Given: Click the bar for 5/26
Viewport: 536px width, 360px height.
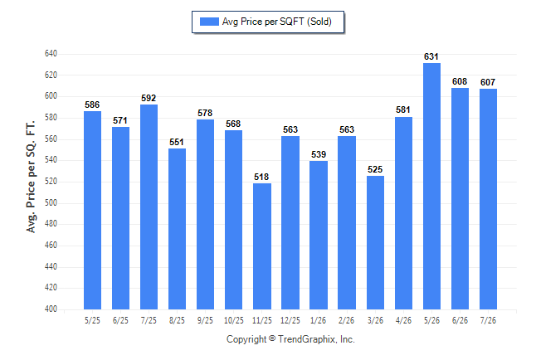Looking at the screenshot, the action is (x=431, y=186).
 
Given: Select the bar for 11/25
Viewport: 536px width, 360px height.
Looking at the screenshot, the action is (x=262, y=246).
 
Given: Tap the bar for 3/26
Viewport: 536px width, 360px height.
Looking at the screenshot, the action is (x=375, y=242).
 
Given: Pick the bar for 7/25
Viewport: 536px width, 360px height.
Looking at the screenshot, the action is (x=149, y=207).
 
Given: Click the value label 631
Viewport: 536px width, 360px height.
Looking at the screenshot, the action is (x=431, y=56).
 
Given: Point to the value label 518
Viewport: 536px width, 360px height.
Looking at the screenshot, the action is (x=261, y=177).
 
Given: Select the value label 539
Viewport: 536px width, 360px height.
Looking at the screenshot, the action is (x=319, y=154).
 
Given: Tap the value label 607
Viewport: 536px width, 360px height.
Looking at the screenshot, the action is (x=488, y=82).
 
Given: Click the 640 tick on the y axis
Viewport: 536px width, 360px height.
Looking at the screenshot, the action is (x=51, y=54).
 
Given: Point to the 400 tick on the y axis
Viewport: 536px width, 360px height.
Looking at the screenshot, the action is (x=51, y=309).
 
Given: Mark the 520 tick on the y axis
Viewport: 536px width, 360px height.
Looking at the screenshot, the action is (x=51, y=181).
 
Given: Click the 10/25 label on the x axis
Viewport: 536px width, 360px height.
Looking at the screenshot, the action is (x=234, y=320).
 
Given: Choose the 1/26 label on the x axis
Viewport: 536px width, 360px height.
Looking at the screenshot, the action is (x=319, y=320).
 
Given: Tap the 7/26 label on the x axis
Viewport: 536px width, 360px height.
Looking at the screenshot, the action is (x=488, y=320).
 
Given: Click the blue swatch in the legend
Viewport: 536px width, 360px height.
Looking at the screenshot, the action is (x=209, y=22).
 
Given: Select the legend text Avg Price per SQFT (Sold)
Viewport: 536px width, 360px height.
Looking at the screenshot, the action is (x=277, y=22).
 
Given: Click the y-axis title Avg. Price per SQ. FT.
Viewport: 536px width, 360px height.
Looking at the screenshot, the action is (x=31, y=177).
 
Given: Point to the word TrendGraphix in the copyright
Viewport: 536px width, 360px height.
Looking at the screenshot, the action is (x=307, y=339).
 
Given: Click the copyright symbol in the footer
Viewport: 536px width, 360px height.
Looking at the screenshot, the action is (x=272, y=338).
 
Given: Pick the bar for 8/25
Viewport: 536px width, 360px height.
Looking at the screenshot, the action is (x=177, y=229).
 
